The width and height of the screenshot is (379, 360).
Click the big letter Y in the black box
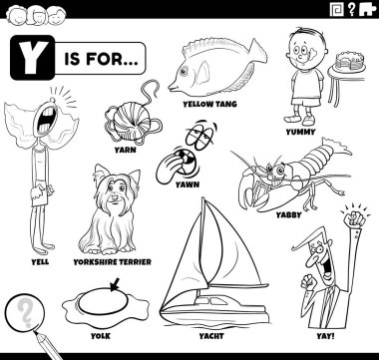pyautogui.click(x=32, y=58)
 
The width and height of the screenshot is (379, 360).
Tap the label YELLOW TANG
pyautogui.click(x=209, y=104)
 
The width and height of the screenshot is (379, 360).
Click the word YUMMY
pyautogui.click(x=300, y=132)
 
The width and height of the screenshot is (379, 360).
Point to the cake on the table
pyautogui.click(x=350, y=62)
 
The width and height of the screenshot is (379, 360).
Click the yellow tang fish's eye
pyautogui.click(x=184, y=71)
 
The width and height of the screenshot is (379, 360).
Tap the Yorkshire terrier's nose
pyautogui.click(x=115, y=197)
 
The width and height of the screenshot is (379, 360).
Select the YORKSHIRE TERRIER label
pyautogui.click(x=112, y=262)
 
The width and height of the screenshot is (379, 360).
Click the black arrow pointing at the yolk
pyautogui.click(x=115, y=285)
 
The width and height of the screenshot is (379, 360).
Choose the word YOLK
pyautogui.click(x=101, y=336)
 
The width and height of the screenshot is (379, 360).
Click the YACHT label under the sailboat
pyautogui.click(x=211, y=336)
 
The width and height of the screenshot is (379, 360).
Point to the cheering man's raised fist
pyautogui.click(x=354, y=218)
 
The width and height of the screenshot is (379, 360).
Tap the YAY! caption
pyautogui.click(x=325, y=336)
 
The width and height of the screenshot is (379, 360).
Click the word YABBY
pyautogui.click(x=288, y=215)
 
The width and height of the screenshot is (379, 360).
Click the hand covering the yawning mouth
pyautogui.click(x=170, y=168)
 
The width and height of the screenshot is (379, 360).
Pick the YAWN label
pyautogui.click(x=188, y=184)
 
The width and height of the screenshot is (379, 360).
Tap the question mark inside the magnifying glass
pyautogui.click(x=25, y=312)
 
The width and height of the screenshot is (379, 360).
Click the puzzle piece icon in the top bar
pyautogui.click(x=367, y=10)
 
